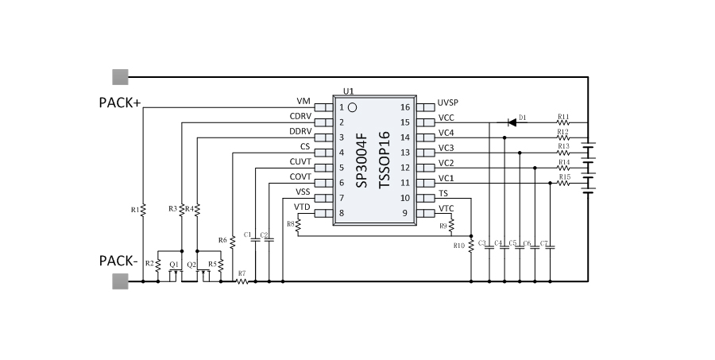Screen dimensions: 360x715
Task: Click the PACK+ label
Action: (x=120, y=103)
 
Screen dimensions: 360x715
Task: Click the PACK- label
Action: (x=119, y=261)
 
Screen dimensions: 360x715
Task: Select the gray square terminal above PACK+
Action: (x=120, y=77)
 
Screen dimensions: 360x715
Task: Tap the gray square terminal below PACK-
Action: (x=120, y=281)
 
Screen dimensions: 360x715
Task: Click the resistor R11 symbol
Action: (x=563, y=123)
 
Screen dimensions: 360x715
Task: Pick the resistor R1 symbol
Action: (x=143, y=210)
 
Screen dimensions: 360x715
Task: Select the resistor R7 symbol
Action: (x=242, y=281)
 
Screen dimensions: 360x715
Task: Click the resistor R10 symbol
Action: (x=470, y=246)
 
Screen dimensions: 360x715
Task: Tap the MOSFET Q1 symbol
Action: (x=175, y=273)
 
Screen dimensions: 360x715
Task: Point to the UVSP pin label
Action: (x=448, y=103)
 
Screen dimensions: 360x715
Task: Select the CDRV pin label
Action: (x=300, y=117)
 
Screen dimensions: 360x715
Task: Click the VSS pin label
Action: (x=303, y=192)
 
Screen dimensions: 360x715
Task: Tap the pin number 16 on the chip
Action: (x=405, y=107)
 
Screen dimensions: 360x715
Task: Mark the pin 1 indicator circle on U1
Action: (x=353, y=107)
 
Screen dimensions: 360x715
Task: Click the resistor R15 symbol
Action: (x=563, y=184)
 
